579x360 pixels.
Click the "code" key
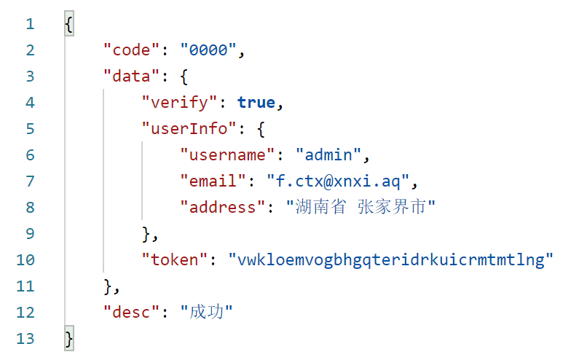(131, 50)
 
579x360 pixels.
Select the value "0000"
(213, 50)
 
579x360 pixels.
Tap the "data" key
(131, 77)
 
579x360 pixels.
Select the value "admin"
(328, 155)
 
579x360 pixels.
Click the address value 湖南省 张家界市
(361, 208)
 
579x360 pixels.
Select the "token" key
(174, 260)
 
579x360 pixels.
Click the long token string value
(391, 260)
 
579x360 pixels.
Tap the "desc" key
(131, 313)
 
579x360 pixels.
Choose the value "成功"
(206, 313)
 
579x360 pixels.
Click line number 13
(24, 339)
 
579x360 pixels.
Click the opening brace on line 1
(68, 24)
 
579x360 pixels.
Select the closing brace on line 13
(68, 339)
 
